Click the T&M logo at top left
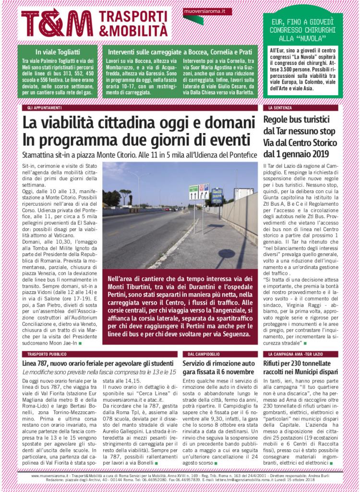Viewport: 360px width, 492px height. (x=57, y=23)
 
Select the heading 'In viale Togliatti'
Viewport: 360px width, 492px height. (x=58, y=52)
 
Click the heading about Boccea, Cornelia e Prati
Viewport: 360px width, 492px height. (x=182, y=52)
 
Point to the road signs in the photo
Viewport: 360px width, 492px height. (x=199, y=192)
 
